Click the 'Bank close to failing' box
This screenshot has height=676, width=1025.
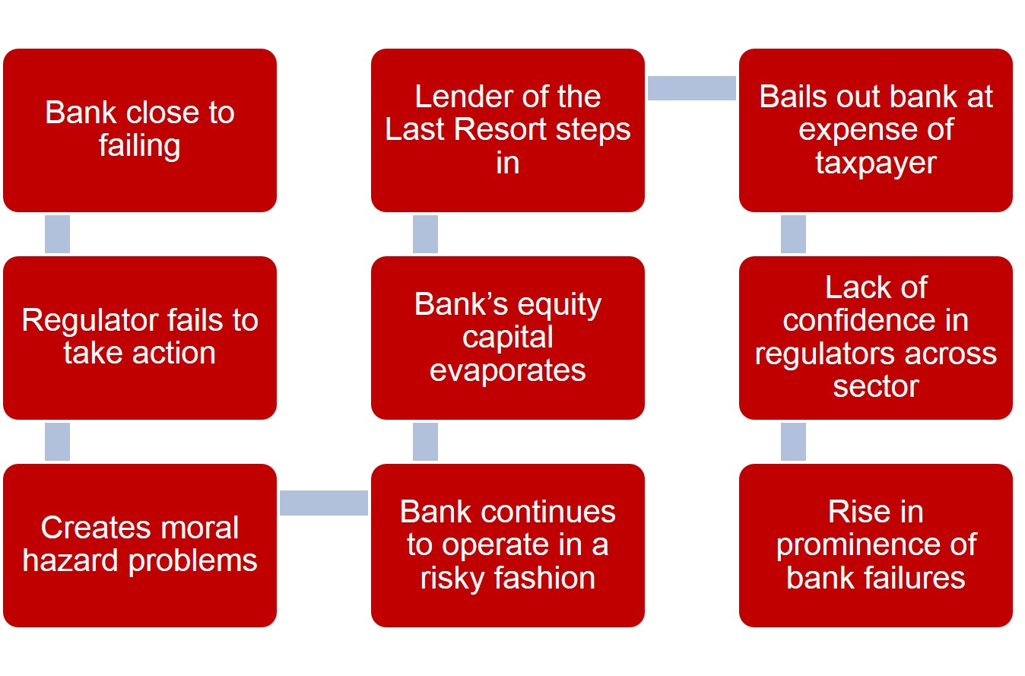coord(140,130)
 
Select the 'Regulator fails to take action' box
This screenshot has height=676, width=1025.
coord(140,338)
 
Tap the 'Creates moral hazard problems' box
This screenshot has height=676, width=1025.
coord(140,545)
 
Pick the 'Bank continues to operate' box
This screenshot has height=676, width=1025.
coord(508,545)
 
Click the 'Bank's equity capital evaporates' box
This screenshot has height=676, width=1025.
coord(508,338)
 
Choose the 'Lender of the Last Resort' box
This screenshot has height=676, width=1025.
coord(508,130)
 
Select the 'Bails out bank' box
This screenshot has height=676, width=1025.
coord(876,130)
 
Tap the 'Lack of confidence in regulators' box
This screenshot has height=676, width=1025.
coord(876,338)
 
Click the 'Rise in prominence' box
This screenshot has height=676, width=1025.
coord(876,545)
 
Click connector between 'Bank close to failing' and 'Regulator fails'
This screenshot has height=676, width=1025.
coord(58,234)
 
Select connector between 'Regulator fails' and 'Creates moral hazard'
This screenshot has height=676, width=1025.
coord(58,442)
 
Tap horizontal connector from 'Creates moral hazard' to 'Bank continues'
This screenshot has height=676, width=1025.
coord(324,503)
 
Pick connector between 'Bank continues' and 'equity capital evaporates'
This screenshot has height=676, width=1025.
coord(426,442)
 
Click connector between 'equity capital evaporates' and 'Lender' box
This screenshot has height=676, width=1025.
coord(426,234)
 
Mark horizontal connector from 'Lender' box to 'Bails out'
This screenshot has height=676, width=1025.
coord(692,87)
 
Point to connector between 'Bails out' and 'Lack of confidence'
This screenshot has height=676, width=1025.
coord(794,234)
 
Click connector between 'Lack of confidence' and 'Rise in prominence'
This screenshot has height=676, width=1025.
coord(794,442)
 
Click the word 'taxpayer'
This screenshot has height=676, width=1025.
coord(876,163)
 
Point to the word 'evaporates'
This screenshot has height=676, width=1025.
coord(508,370)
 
